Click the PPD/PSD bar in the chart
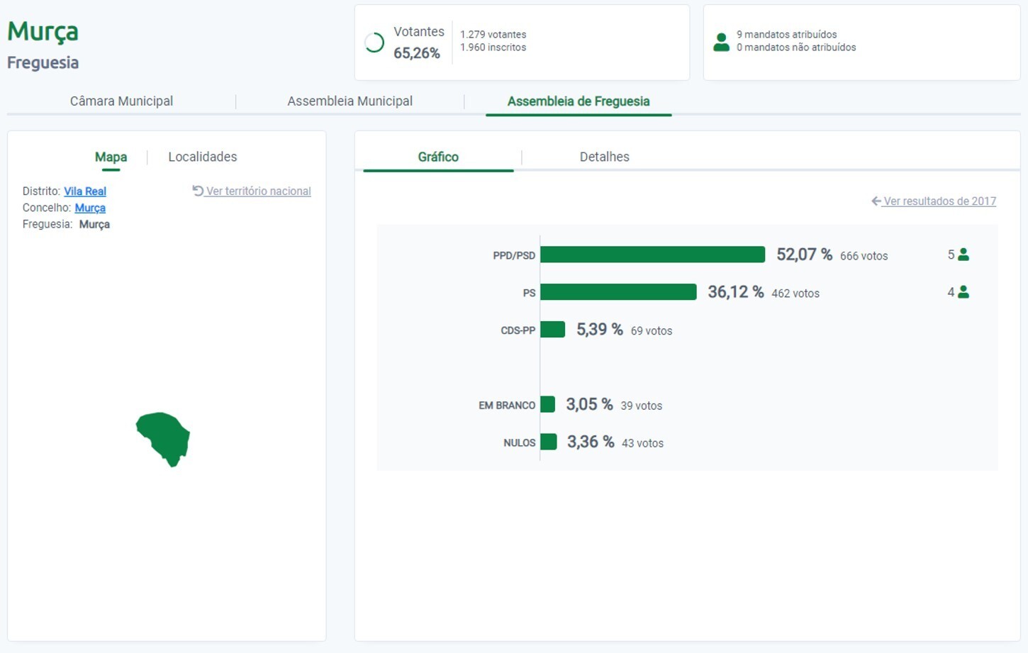tap(652, 255)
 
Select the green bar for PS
tap(618, 292)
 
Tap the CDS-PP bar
tap(552, 330)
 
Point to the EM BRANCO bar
tap(547, 404)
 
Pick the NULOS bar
tap(548, 442)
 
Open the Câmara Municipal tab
tap(121, 101)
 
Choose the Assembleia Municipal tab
tap(350, 101)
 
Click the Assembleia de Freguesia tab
tap(579, 101)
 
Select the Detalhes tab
tap(604, 157)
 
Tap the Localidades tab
tap(202, 157)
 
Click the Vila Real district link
tap(85, 191)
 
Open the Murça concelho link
tap(90, 208)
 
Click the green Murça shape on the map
tap(164, 436)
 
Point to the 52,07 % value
tap(804, 255)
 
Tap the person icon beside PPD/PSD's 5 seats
tap(963, 255)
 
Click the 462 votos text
tap(795, 294)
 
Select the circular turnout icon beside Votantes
tap(374, 43)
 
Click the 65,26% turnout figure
tap(417, 53)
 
